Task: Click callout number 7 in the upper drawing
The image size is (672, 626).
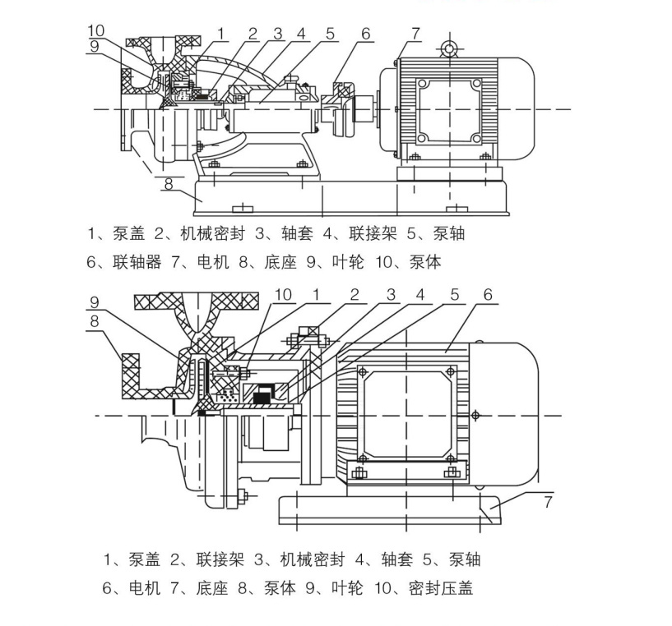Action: pyautogui.click(x=416, y=33)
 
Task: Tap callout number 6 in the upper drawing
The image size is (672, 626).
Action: pyautogui.click(x=365, y=34)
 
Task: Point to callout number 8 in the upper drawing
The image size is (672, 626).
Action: pyautogui.click(x=168, y=184)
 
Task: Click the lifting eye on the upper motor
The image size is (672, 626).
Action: pyautogui.click(x=449, y=48)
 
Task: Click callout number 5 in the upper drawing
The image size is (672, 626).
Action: pyautogui.click(x=330, y=34)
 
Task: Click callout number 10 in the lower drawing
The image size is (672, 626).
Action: pyautogui.click(x=283, y=294)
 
